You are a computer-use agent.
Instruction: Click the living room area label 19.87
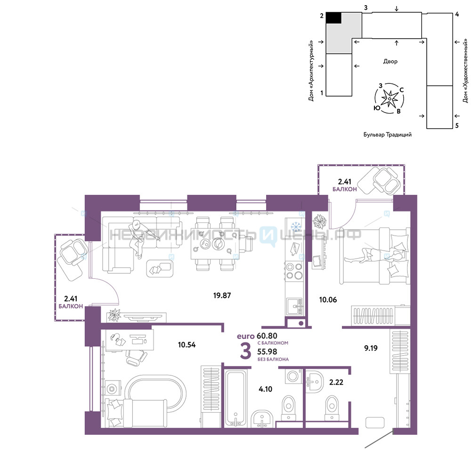click(222, 296)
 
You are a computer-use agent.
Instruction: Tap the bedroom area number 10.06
click(328, 300)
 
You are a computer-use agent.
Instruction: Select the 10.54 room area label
click(187, 345)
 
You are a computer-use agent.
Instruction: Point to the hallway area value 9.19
click(371, 348)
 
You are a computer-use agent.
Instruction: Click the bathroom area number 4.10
click(265, 390)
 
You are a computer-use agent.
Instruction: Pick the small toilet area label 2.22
click(336, 382)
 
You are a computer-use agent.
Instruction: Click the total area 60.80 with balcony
click(267, 336)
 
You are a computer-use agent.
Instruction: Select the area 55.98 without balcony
click(267, 352)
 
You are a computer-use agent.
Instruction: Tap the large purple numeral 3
click(245, 351)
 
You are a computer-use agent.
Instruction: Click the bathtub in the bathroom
click(236, 398)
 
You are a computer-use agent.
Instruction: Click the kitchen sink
click(295, 307)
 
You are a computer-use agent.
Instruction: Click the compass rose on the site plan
click(390, 98)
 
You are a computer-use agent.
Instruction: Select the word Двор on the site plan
click(390, 61)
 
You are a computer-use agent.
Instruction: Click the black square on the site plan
click(334, 18)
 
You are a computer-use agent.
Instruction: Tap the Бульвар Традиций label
click(388, 135)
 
